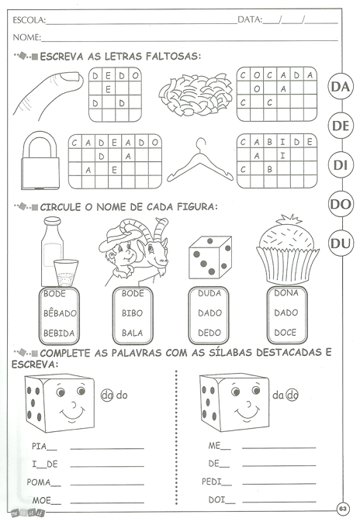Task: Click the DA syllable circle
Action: tap(341, 87)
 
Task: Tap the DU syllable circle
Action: tap(341, 244)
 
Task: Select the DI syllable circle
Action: tap(341, 165)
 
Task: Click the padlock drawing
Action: tap(40, 160)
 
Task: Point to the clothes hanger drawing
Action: tap(200, 160)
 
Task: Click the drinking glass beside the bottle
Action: tap(66, 273)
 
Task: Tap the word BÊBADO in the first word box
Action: tap(60, 313)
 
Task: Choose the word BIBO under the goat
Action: tap(132, 313)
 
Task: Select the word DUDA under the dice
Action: tap(209, 294)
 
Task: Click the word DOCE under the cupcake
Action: tap(286, 333)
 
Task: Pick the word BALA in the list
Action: tap(132, 333)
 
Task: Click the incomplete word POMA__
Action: tap(43, 482)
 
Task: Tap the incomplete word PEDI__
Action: tap(216, 482)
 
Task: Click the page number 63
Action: tap(343, 509)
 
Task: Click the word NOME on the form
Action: tap(26, 37)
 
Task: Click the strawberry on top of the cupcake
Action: tap(289, 220)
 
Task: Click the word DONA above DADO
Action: tap(286, 293)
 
